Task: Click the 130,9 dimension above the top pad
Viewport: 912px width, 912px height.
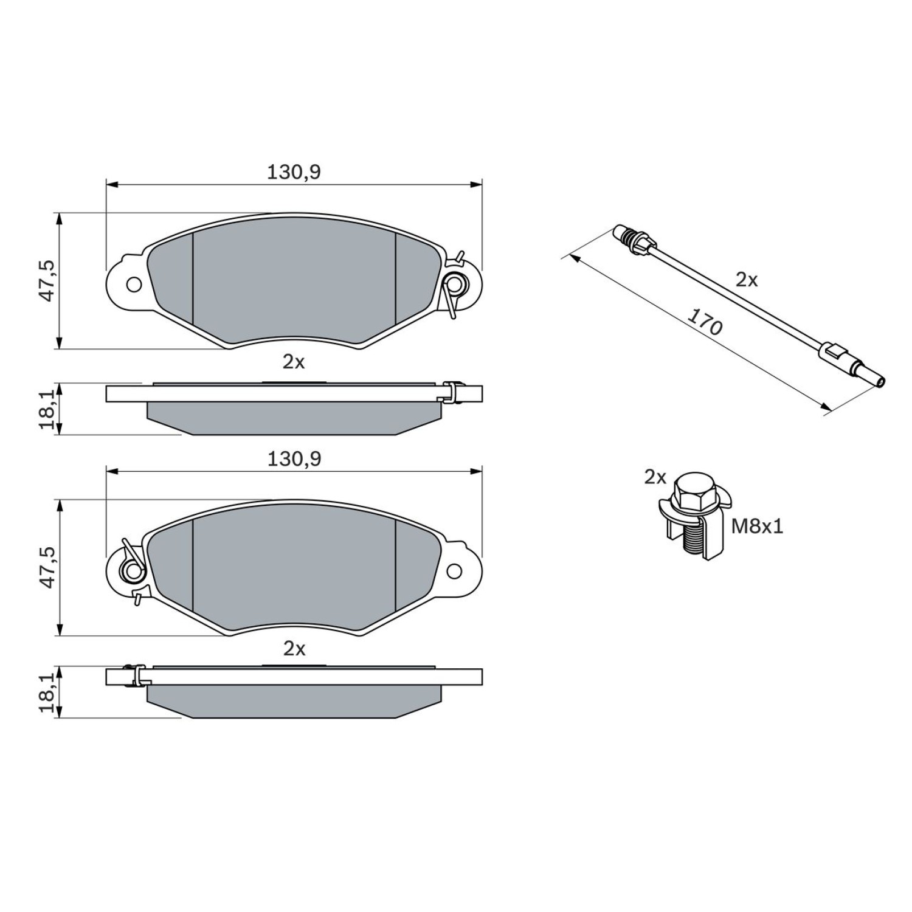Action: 294,173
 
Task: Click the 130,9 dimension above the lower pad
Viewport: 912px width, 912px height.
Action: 294,459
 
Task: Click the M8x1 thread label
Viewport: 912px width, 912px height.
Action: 757,526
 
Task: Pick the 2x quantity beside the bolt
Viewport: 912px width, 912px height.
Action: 655,478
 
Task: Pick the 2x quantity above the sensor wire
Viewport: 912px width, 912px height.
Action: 747,280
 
